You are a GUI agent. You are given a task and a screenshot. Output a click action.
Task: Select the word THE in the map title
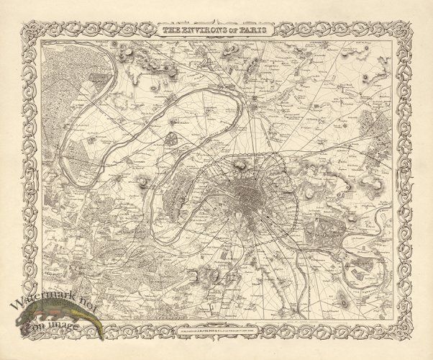pos(170,32)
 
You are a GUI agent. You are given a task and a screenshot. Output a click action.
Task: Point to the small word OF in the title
pos(234,32)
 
